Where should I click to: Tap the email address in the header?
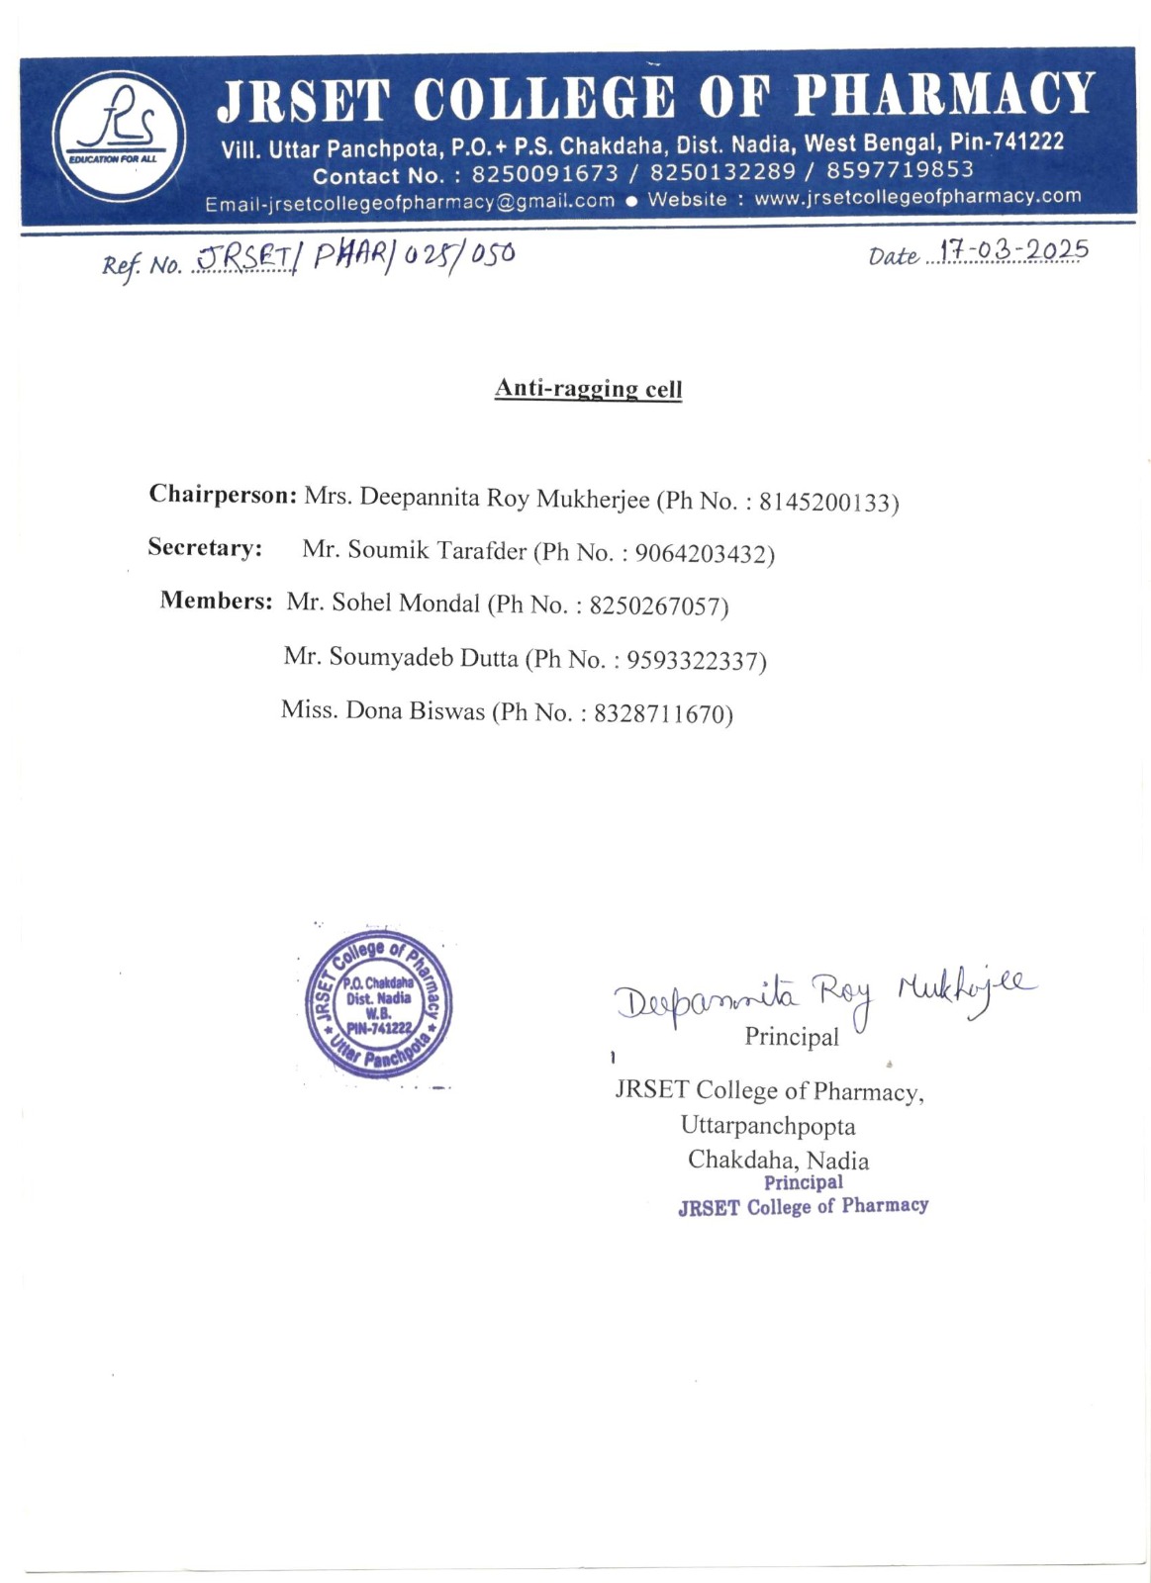point(410,202)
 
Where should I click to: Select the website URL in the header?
point(917,196)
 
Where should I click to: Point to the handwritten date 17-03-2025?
point(1013,250)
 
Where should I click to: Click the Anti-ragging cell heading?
point(588,388)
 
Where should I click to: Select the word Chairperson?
point(223,495)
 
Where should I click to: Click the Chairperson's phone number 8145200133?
point(827,503)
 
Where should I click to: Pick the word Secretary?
point(205,547)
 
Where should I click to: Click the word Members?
point(216,601)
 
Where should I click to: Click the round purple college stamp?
point(378,1003)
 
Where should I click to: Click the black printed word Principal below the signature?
point(791,1037)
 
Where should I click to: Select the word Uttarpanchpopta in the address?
point(767,1126)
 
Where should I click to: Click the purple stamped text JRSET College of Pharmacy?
point(803,1206)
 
